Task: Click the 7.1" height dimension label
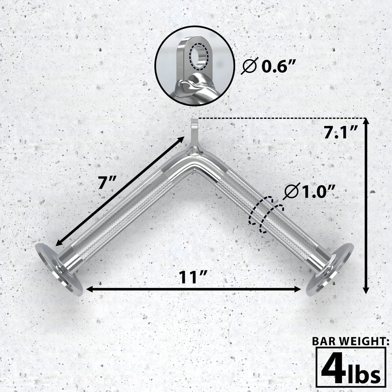click(340, 133)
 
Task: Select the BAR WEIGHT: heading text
click(351, 342)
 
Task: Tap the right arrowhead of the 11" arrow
click(297, 289)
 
